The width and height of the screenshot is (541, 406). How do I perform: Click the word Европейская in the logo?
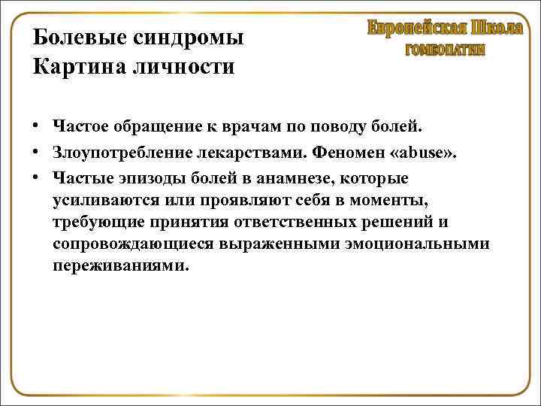(416, 29)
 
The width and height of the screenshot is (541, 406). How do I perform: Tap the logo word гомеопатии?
(445, 50)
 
